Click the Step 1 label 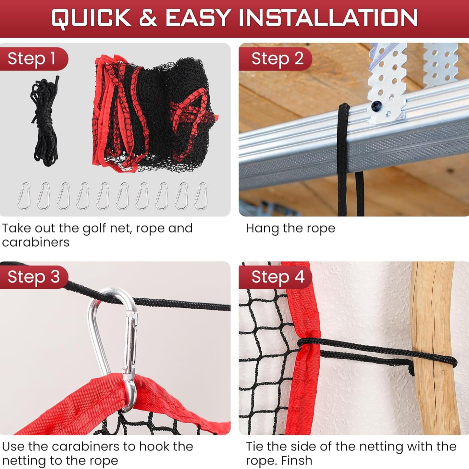click(x=32, y=59)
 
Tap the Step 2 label click(x=277, y=59)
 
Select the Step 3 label click(x=34, y=277)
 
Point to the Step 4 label click(x=278, y=277)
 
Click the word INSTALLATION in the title click(x=328, y=18)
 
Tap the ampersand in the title click(x=148, y=18)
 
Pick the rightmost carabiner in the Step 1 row click(x=201, y=196)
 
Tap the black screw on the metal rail click(x=376, y=105)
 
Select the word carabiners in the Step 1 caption click(x=36, y=242)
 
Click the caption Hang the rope click(x=290, y=228)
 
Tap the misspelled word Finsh click(x=296, y=461)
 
